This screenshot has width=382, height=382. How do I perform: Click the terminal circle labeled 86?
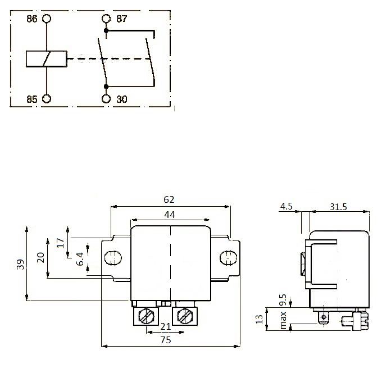tap(47, 19)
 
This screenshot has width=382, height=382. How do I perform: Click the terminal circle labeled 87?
tap(106, 19)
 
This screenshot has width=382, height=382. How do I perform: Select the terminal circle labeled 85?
tap(47, 99)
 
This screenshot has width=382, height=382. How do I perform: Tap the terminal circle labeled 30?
tap(106, 99)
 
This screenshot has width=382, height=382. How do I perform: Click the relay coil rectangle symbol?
tap(47, 58)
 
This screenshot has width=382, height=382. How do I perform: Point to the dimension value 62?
tap(169, 199)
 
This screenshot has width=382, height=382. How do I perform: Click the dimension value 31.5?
tap(337, 207)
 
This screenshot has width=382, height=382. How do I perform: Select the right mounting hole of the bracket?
tap(228, 258)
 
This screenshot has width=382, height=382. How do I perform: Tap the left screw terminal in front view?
tap(146, 317)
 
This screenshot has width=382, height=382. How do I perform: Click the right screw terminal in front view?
tap(184, 317)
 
